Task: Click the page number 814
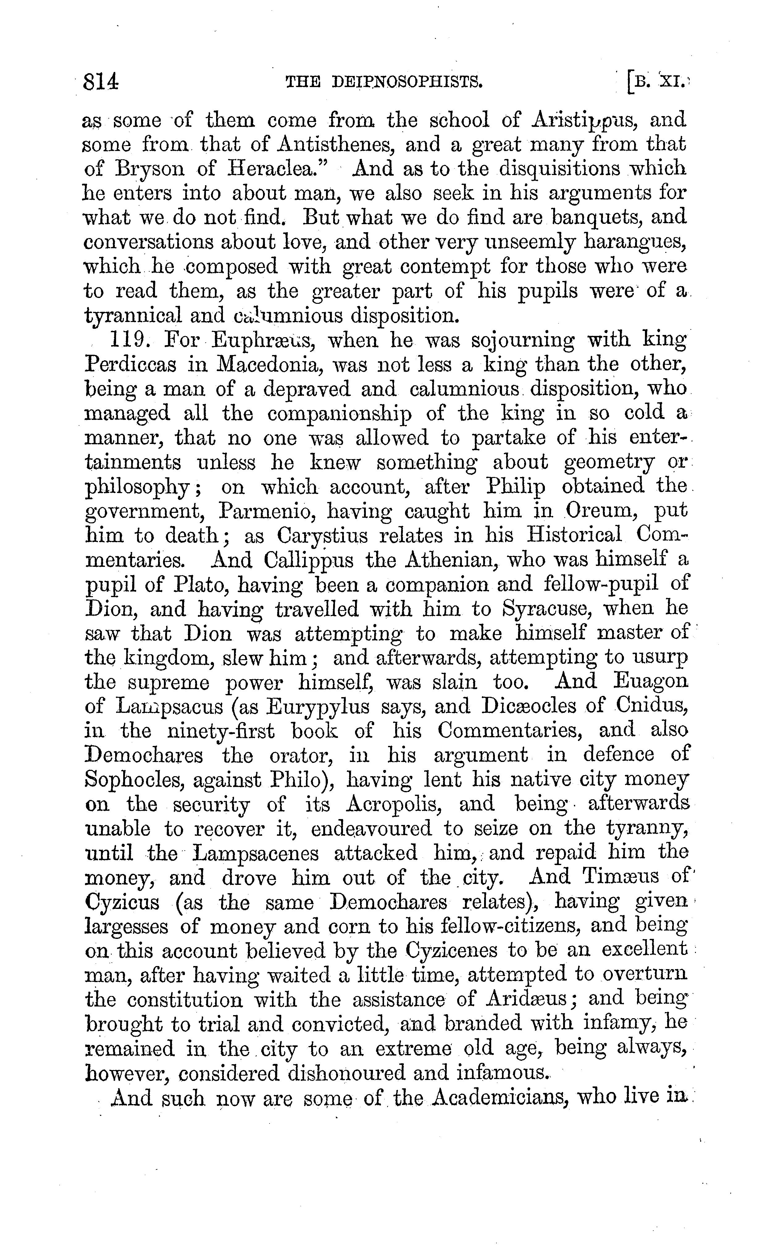[102, 81]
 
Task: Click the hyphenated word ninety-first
[221, 730]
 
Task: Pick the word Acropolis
[395, 804]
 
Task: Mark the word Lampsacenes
[256, 852]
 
